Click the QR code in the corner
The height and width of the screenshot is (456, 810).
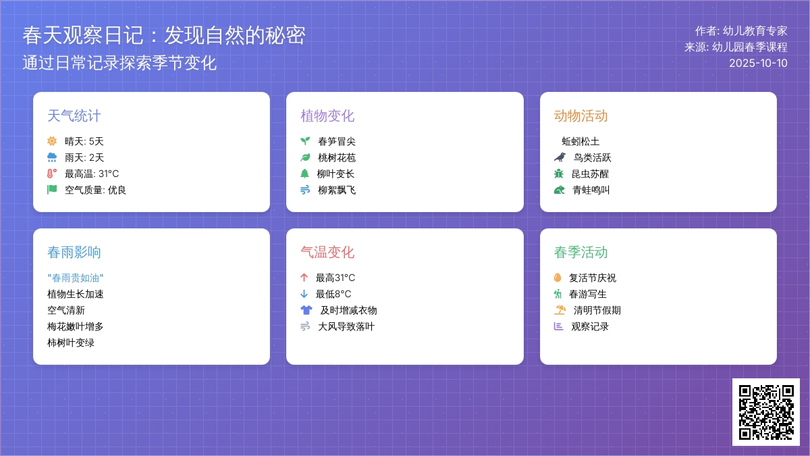766,412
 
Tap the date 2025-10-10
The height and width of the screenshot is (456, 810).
758,63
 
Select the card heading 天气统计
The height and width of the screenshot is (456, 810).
74,116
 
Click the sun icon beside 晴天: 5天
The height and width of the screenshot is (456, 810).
52,141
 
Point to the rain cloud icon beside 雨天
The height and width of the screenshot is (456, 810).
52,157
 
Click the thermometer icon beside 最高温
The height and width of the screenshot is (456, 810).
52,174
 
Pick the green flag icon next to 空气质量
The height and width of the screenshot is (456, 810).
52,190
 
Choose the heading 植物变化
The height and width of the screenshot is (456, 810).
327,116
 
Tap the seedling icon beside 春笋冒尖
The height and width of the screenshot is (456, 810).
305,141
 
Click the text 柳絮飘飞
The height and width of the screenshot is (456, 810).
337,190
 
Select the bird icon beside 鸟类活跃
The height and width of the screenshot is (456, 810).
560,157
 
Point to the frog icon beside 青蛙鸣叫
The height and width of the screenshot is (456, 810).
560,190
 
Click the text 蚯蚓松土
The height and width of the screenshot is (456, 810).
580,141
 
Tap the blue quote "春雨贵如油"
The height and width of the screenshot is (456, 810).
75,278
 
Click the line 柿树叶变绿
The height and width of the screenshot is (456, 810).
71,343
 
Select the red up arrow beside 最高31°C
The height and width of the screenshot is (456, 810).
304,278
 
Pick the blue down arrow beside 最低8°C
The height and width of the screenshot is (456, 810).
304,293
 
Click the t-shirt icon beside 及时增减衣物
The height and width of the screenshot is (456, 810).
306,310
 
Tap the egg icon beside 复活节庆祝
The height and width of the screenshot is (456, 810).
558,277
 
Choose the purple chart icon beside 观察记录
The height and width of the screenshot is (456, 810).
559,326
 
